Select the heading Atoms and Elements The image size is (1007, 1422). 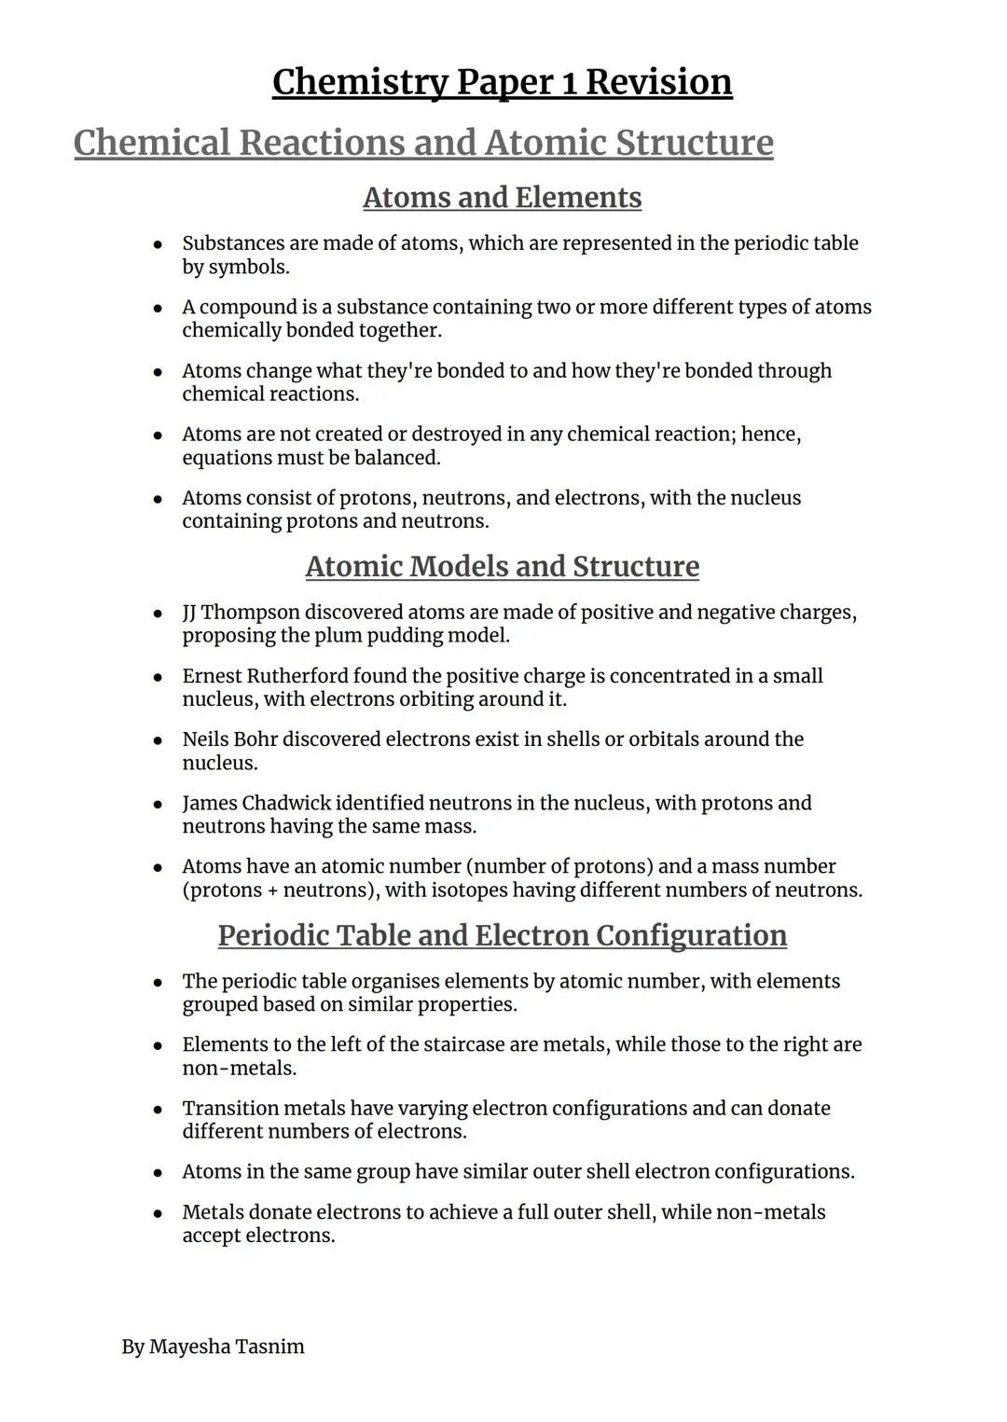(x=502, y=198)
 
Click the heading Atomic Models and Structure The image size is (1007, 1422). (x=502, y=567)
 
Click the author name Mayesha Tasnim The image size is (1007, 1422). (x=227, y=1346)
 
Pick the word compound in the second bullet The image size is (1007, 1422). (x=243, y=308)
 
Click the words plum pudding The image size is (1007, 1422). (x=373, y=636)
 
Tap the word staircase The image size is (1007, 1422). (x=467, y=1044)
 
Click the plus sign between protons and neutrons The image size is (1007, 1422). (x=273, y=890)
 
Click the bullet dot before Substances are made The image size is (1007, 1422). (x=159, y=244)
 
